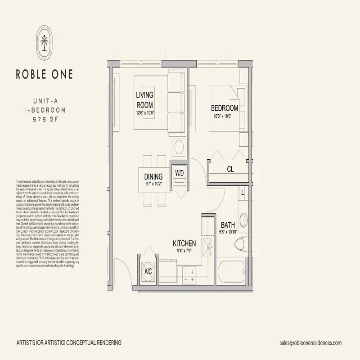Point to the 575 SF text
coord(44,119)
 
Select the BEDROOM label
coord(225,108)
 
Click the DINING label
coord(153,176)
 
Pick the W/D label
coord(180,173)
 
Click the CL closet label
coord(230,170)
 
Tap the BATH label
coord(226,225)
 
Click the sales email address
coord(310,342)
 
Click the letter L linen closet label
coord(243,192)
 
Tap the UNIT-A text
coord(44,102)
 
